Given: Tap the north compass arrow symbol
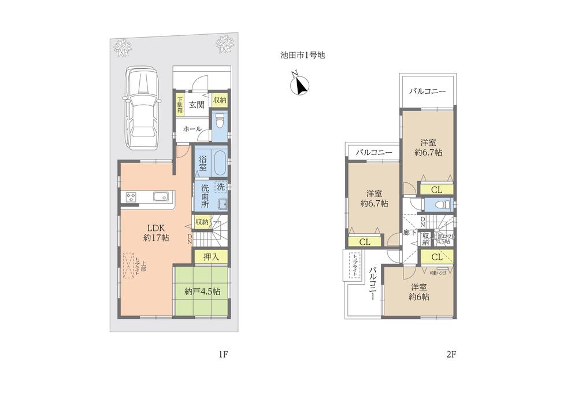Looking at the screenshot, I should click(x=299, y=85).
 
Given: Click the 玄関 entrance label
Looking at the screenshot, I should click(x=197, y=105).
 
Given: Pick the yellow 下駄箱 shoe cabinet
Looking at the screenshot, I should click(x=180, y=105).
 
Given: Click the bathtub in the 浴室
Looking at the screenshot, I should click(x=220, y=161).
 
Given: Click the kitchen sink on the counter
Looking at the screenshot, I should click(x=160, y=197).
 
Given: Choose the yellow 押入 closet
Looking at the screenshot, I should click(x=210, y=256).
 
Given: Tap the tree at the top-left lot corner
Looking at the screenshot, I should click(x=123, y=45).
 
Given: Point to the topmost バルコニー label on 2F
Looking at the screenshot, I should click(x=428, y=91).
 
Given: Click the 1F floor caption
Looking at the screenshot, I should click(x=225, y=355).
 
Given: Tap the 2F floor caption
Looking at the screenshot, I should click(x=451, y=355).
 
